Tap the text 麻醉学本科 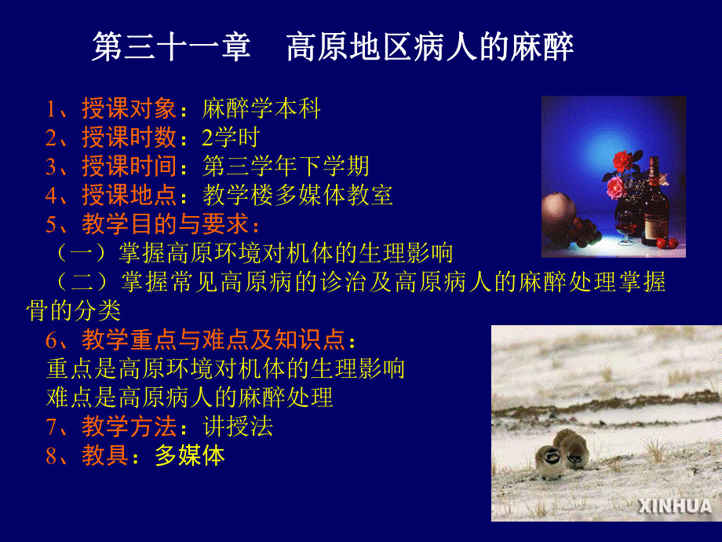tap(261, 109)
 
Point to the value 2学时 tap(230, 138)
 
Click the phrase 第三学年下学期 tap(286, 167)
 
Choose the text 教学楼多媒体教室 tap(297, 195)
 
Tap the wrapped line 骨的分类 tap(74, 311)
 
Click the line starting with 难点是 tap(190, 397)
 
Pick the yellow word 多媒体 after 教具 tap(189, 456)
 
